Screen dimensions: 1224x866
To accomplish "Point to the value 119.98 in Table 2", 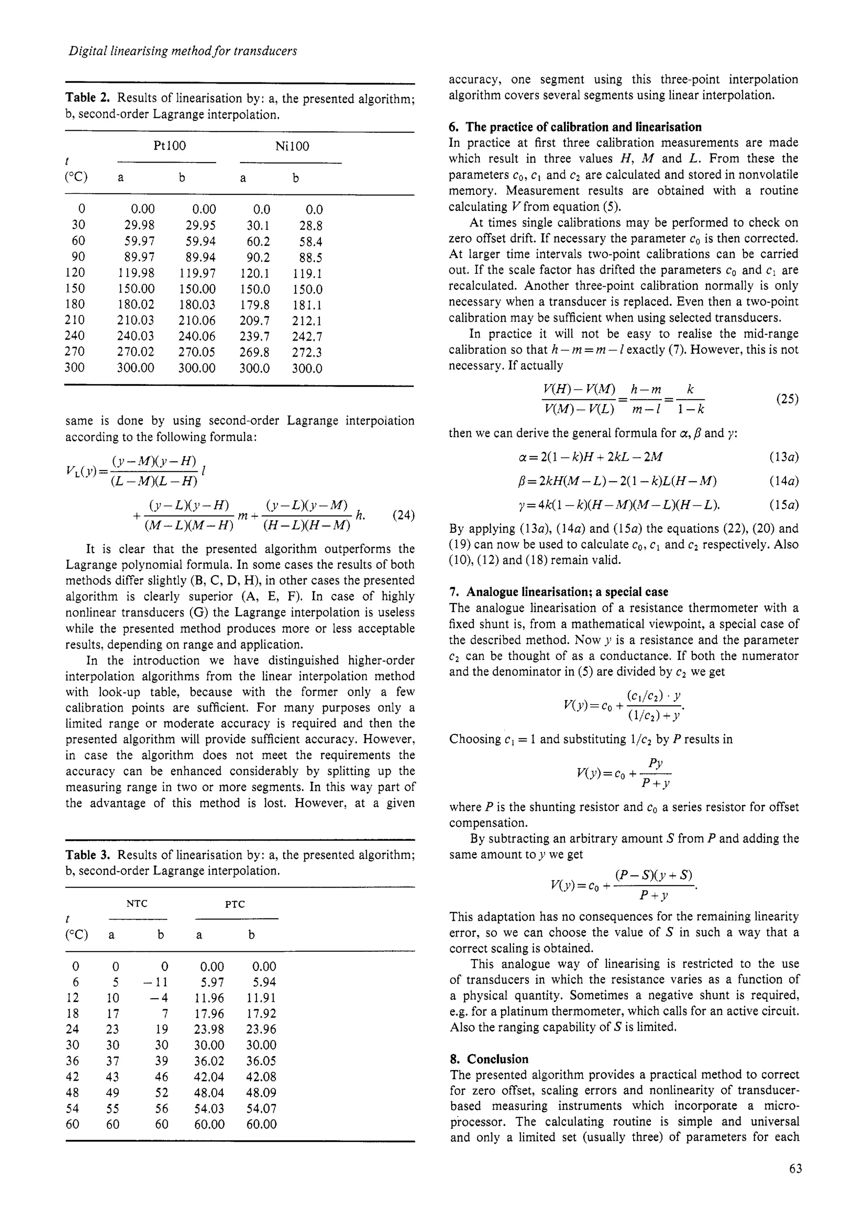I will pyautogui.click(x=136, y=273).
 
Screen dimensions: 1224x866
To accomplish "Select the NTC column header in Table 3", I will pyautogui.click(x=137, y=904).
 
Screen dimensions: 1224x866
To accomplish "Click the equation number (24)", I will pyautogui.click(x=403, y=516).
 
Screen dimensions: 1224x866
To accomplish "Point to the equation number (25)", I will pyautogui.click(x=787, y=399).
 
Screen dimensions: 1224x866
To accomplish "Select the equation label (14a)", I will pyautogui.click(x=784, y=481).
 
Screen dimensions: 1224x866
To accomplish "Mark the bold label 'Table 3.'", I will pyautogui.click(x=88, y=855).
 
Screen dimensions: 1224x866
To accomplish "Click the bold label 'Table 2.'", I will pyautogui.click(x=88, y=98).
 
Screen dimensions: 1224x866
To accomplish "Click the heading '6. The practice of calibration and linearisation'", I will pyautogui.click(x=576, y=127).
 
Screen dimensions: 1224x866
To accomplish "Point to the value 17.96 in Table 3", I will pyautogui.click(x=209, y=1014).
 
